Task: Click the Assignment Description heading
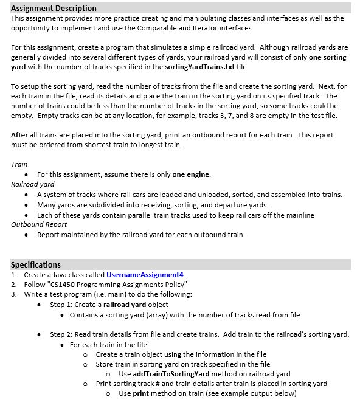pos(54,8)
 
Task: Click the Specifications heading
pos(36,264)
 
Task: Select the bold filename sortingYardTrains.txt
pos(199,66)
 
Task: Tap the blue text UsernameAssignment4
pos(145,274)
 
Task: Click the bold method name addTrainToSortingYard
pos(171,373)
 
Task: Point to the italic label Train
pos(19,164)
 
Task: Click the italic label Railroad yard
pos(33,184)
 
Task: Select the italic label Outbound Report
pos(39,224)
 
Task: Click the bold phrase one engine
pos(191,174)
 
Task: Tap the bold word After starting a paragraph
pos(20,135)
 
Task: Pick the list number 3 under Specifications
pos(13,294)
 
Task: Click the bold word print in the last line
pos(140,393)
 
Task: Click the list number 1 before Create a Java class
pos(13,274)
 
